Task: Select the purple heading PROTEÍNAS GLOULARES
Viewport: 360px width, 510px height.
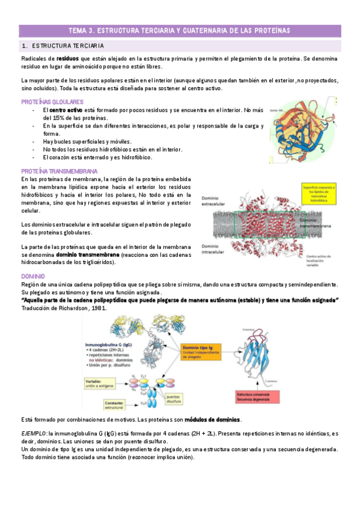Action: (52, 102)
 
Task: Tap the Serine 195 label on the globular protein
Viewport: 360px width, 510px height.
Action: (278, 111)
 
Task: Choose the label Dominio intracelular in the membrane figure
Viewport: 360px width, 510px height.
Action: (213, 249)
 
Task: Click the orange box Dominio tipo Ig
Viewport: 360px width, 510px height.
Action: (204, 350)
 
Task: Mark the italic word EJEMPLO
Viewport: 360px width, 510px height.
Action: (34, 433)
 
